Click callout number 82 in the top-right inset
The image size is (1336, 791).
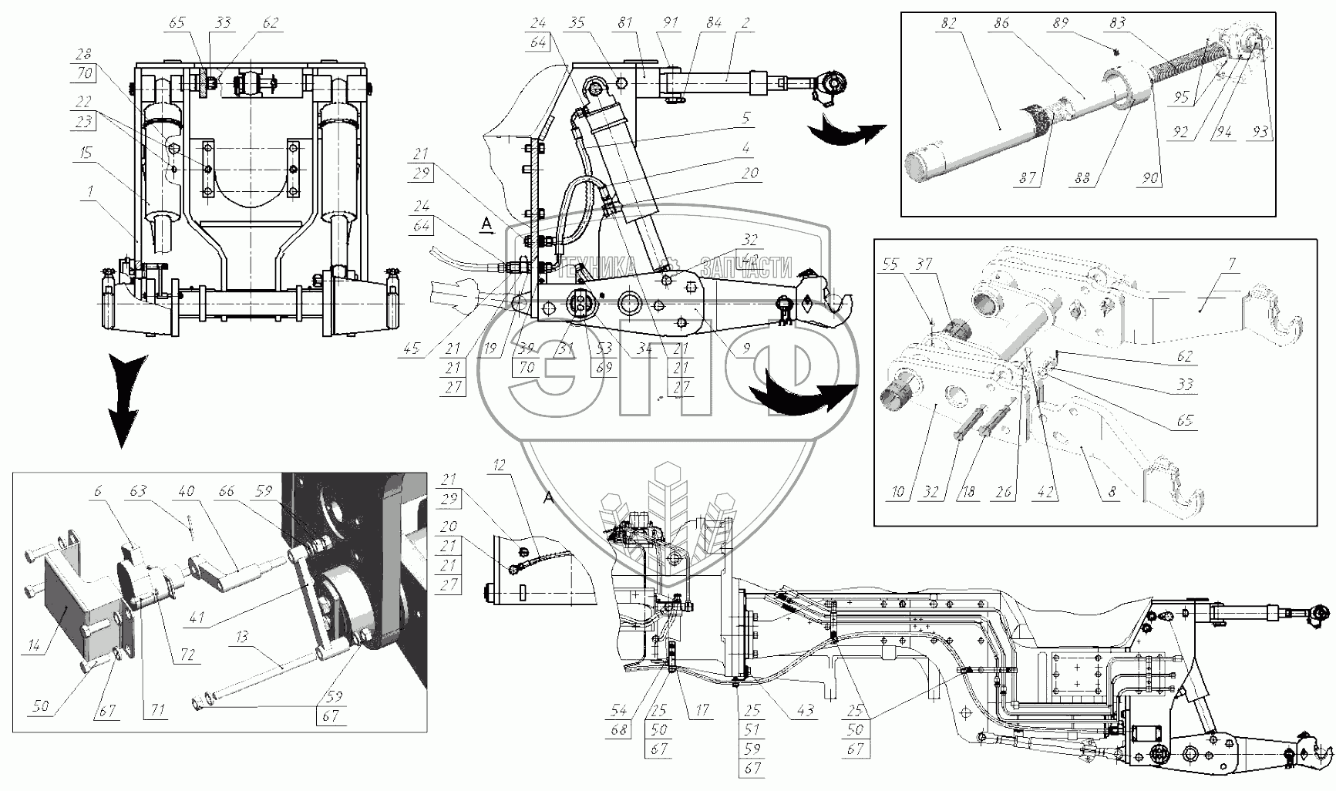(948, 24)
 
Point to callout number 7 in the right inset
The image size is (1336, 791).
(1232, 265)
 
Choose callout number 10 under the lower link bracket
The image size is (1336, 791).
(898, 492)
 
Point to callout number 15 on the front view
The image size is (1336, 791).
(85, 153)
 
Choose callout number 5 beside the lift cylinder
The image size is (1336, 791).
(746, 119)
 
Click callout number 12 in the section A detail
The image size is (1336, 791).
(500, 464)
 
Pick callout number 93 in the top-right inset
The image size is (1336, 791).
(1260, 132)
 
